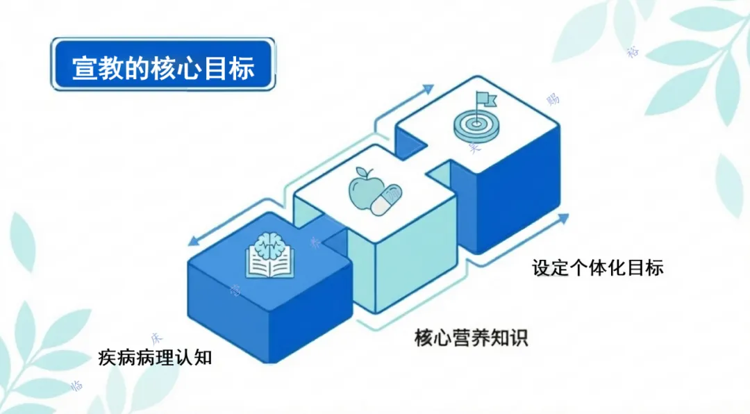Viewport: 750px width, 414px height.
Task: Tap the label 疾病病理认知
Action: point(155,358)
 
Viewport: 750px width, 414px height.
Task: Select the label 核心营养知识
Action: point(471,338)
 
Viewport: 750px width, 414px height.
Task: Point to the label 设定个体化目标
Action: point(597,267)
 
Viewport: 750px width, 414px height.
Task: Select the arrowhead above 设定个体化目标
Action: point(562,220)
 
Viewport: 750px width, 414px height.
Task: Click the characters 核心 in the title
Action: point(186,68)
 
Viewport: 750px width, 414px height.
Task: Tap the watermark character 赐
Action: point(553,99)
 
